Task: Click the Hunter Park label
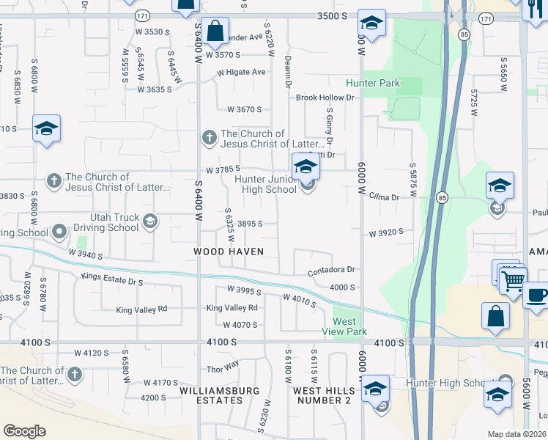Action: (x=373, y=83)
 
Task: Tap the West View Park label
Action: (x=344, y=327)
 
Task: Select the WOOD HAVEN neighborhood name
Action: (x=229, y=252)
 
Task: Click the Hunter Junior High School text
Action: (x=265, y=184)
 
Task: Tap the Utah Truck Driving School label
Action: (x=114, y=222)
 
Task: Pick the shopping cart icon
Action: (x=513, y=279)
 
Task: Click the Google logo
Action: (x=24, y=430)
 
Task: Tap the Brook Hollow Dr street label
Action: (x=325, y=97)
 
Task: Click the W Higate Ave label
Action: (x=241, y=72)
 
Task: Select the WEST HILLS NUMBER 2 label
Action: (x=325, y=395)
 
